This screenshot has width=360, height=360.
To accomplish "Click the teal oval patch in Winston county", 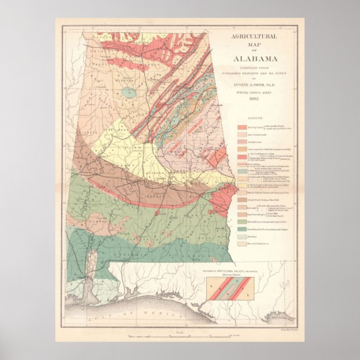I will (129, 92).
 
